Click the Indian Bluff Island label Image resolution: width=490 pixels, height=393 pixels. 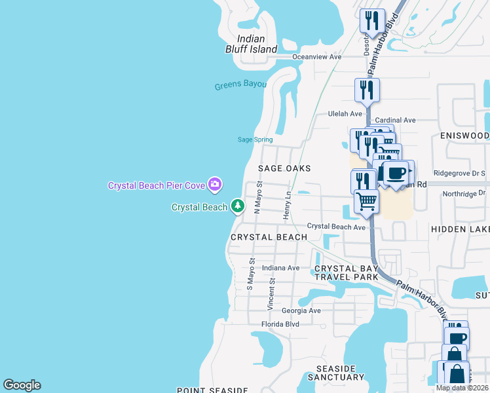(257, 44)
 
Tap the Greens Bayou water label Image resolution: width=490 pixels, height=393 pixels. (240, 86)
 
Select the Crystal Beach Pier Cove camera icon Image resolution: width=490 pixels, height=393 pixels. (214, 185)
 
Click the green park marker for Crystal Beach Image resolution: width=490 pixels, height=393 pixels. (237, 207)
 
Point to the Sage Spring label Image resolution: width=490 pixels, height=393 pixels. (255, 140)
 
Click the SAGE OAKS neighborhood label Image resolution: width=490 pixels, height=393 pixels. (284, 168)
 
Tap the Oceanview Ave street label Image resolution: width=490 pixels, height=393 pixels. (317, 57)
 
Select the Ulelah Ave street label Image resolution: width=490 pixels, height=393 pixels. (345, 113)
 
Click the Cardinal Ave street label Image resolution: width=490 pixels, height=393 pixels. (395, 121)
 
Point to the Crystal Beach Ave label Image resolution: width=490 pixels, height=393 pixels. (336, 227)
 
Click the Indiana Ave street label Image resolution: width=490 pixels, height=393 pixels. (280, 268)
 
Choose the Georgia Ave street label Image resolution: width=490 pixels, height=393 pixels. (301, 310)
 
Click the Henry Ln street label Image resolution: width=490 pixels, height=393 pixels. (286, 206)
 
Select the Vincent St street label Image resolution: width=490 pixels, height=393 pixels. (271, 293)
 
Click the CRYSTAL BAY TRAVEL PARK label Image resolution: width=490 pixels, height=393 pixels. (346, 273)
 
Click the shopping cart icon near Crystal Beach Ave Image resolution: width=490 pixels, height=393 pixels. (367, 200)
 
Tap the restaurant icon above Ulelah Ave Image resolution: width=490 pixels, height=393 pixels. (367, 90)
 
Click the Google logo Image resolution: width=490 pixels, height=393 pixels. (22, 385)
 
